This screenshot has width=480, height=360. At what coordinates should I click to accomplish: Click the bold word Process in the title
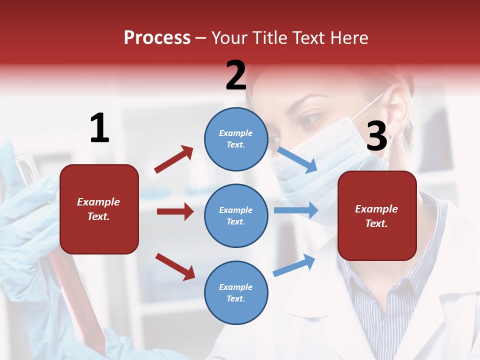(x=157, y=37)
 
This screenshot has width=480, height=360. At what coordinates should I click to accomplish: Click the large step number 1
(x=99, y=128)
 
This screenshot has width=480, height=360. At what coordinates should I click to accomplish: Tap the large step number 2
(x=236, y=75)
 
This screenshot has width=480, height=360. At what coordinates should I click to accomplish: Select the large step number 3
(x=376, y=136)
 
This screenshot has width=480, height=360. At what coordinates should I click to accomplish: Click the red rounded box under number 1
(x=99, y=209)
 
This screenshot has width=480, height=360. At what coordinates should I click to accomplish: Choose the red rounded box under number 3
(x=377, y=216)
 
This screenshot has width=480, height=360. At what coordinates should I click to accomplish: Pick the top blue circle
(x=236, y=139)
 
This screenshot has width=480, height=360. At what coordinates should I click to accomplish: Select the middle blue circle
(x=236, y=216)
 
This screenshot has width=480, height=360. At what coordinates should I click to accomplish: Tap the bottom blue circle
(x=236, y=293)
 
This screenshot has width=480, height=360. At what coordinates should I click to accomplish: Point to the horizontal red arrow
(x=175, y=211)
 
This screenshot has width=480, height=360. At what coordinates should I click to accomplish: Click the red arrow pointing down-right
(x=175, y=266)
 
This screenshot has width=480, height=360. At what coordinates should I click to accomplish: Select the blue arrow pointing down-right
(x=297, y=159)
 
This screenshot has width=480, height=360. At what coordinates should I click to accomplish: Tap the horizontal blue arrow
(x=295, y=210)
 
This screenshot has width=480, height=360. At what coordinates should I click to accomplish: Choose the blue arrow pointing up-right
(x=294, y=265)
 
